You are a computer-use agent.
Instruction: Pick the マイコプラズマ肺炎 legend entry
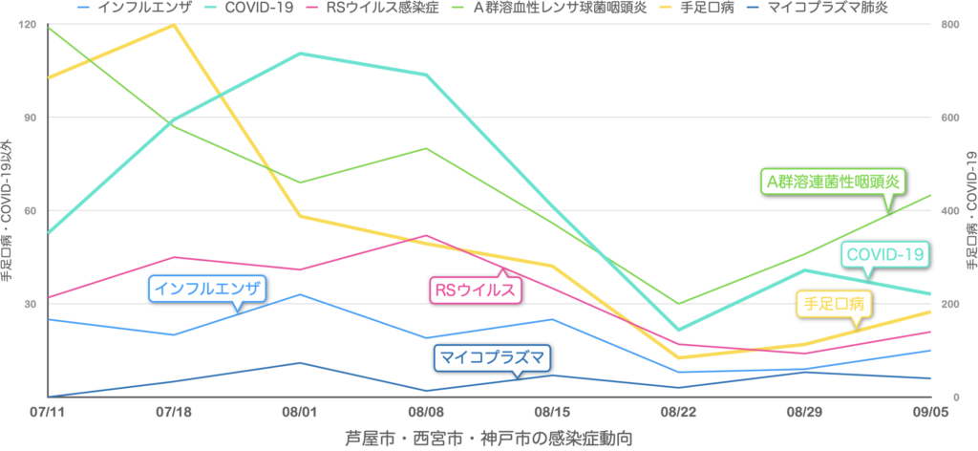pyautogui.click(x=829, y=8)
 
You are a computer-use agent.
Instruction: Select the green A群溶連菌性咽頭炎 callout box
pyautogui.click(x=832, y=180)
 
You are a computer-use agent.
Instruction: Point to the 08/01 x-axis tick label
pyautogui.click(x=300, y=414)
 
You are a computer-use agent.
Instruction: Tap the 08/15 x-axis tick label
pyautogui.click(x=552, y=414)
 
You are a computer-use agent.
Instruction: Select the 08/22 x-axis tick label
pyautogui.click(x=678, y=414)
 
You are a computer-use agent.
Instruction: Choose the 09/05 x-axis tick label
pyautogui.click(x=931, y=414)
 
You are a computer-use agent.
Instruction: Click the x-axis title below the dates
pyautogui.click(x=488, y=438)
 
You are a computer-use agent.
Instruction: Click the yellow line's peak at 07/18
pyautogui.click(x=173, y=24)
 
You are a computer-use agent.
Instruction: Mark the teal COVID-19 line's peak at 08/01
pyautogui.click(x=300, y=54)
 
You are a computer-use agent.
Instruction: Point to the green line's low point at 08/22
pyautogui.click(x=678, y=304)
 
